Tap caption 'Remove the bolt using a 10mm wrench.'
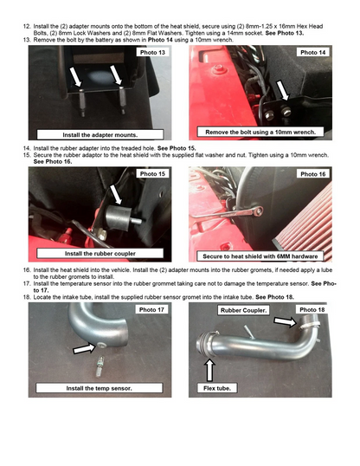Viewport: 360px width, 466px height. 260,133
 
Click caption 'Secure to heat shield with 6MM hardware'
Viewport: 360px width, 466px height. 260,256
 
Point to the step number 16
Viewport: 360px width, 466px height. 27,270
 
